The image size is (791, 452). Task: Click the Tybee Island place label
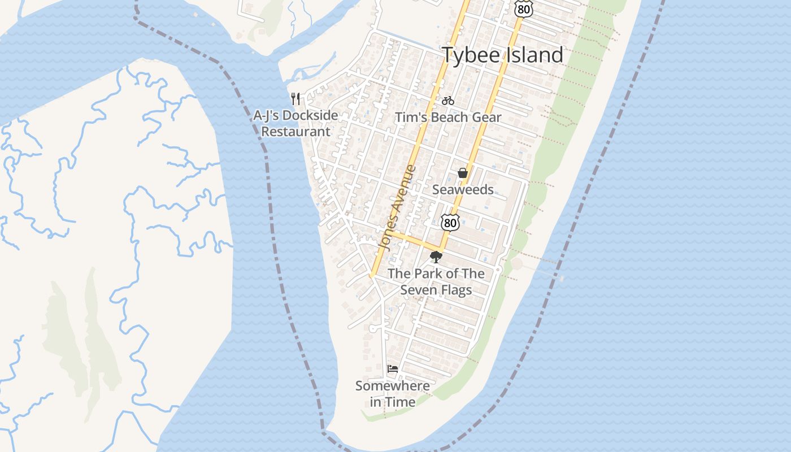coord(502,55)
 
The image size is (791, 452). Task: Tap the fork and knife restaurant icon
coord(295,99)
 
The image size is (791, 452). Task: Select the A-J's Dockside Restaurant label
coord(295,123)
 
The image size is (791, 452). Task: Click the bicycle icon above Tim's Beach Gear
coord(448,101)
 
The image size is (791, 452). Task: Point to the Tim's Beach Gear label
coord(448,118)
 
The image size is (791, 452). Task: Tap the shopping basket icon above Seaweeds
coord(463,173)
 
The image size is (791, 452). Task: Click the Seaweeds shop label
coord(463,189)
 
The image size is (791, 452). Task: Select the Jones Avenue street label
coord(398,207)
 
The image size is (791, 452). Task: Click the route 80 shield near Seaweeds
coord(450,222)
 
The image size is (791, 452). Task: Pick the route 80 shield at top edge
coord(523,8)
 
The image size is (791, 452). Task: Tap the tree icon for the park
coord(436,258)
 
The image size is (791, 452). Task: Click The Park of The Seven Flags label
coord(436,281)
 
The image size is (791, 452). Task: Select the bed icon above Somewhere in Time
coord(393,370)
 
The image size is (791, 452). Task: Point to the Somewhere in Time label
coord(392,394)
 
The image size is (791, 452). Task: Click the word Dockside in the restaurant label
coord(310,115)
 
